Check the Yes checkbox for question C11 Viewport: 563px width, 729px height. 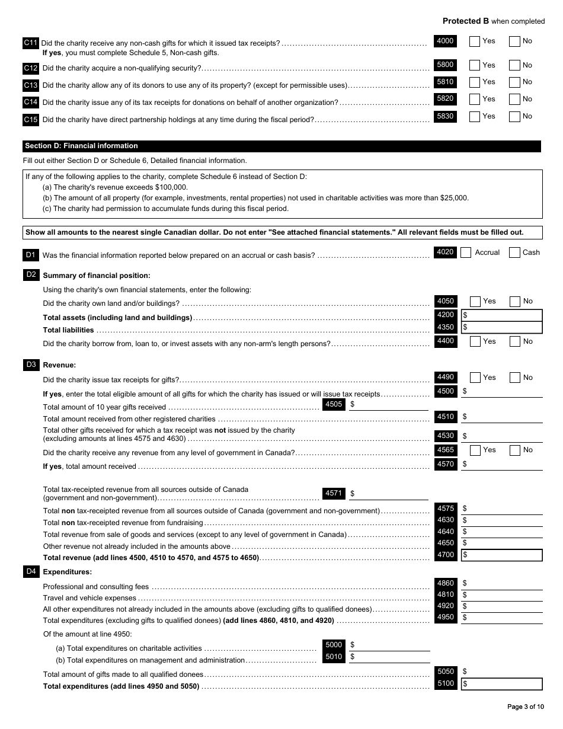(475, 41)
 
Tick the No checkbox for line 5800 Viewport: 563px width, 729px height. (514, 65)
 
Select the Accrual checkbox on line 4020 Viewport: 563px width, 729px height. (466, 252)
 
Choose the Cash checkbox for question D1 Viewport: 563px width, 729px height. (514, 252)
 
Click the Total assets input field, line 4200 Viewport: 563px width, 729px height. (501, 315)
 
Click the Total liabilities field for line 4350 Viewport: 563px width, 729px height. (501, 327)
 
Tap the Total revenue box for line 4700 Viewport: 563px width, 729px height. (501, 555)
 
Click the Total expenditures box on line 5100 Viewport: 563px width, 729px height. (501, 684)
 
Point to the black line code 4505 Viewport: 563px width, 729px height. (334, 404)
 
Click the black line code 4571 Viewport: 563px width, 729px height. (334, 493)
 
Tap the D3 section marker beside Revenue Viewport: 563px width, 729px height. (31, 365)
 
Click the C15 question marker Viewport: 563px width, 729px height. (31, 120)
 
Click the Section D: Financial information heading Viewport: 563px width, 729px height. (81, 146)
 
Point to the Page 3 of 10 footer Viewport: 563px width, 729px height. (525, 706)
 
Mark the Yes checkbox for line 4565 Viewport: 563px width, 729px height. (475, 450)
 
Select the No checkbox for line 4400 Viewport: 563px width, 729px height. (514, 341)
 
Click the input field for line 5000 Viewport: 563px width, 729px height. (389, 645)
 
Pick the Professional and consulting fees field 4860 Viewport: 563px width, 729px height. (501, 583)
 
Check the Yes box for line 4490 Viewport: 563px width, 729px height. (475, 378)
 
